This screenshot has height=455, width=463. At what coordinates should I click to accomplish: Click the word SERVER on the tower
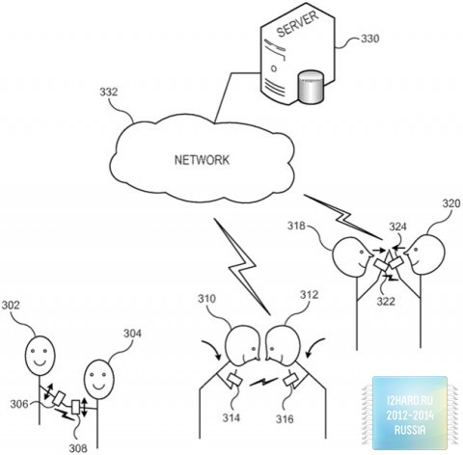point(297,23)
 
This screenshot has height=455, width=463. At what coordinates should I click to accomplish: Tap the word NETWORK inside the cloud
point(202,160)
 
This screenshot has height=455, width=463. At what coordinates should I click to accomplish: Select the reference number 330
point(369,39)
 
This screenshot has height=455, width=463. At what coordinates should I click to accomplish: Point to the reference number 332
point(109,93)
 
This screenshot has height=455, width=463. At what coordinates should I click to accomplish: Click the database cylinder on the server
point(311,88)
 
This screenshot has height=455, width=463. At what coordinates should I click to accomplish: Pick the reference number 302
point(11,305)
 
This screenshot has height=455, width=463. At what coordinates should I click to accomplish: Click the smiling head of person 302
point(41,356)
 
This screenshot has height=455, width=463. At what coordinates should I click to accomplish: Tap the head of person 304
point(99,379)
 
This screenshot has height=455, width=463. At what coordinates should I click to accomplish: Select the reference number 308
point(78,448)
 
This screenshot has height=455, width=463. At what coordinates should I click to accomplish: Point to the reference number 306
point(19,404)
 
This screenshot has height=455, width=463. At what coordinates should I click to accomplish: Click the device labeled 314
point(235,381)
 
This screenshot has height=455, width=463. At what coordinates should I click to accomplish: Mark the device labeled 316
point(291,380)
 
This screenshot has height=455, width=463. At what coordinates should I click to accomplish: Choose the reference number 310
point(206,299)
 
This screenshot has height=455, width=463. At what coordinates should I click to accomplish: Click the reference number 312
point(309,294)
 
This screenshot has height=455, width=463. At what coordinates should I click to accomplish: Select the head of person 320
point(424,254)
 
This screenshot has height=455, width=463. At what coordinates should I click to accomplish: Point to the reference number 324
point(398,227)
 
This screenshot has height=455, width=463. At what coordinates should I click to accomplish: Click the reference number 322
point(386,301)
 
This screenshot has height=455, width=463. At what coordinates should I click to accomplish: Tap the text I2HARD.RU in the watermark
point(410,400)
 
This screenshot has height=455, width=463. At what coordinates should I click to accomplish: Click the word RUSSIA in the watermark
point(410,430)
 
